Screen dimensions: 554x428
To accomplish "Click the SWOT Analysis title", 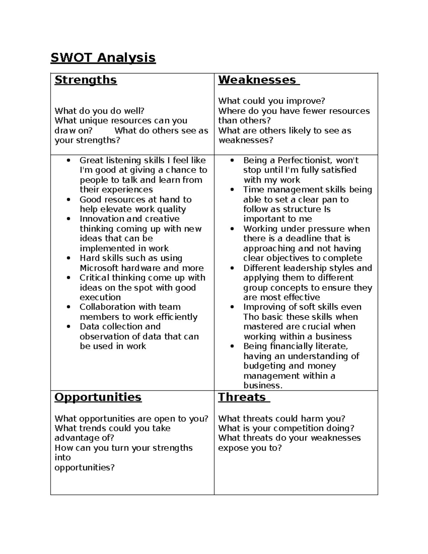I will [x=103, y=57].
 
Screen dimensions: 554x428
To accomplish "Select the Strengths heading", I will [x=86, y=80].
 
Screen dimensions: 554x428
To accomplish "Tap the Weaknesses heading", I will [x=257, y=80].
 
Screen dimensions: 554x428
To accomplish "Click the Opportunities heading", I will [x=98, y=397].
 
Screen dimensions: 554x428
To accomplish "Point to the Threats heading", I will [x=242, y=397].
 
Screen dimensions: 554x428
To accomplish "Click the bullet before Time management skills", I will [x=233, y=190].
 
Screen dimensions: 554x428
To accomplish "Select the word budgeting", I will [x=265, y=366].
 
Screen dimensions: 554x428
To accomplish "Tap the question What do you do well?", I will [x=99, y=111].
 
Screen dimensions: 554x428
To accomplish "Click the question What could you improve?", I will [x=271, y=101].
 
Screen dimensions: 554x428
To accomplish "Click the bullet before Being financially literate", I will [x=233, y=346].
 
